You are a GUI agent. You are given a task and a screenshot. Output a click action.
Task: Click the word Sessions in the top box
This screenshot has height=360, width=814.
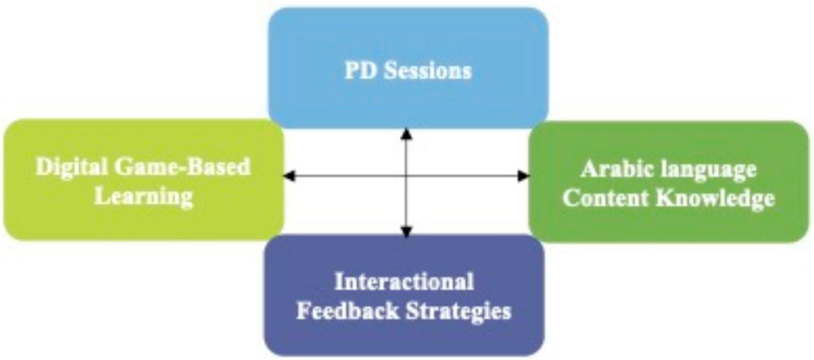click(428, 71)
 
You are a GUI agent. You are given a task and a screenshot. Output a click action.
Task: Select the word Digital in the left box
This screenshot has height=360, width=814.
click(72, 167)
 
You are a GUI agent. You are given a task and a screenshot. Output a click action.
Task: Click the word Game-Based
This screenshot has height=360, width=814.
click(182, 167)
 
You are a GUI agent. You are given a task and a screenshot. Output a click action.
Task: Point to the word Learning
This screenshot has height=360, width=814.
click(144, 197)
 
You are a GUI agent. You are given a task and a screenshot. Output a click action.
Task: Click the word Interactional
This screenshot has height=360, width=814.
click(404, 282)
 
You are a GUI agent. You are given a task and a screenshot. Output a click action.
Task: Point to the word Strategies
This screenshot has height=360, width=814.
click(459, 312)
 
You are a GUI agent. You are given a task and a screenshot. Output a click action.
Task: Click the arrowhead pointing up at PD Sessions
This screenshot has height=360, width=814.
click(406, 134)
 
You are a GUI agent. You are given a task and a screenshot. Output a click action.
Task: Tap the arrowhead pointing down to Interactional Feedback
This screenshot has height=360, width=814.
click(406, 232)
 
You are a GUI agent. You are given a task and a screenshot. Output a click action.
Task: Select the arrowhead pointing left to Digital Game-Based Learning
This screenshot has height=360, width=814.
click(289, 176)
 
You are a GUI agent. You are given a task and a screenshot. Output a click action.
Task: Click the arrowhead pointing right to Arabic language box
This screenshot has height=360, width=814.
click(523, 176)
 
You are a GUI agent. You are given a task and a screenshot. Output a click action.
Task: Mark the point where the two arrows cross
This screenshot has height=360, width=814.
click(406, 176)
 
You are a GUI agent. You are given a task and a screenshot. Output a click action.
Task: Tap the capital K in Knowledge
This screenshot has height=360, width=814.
click(666, 198)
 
